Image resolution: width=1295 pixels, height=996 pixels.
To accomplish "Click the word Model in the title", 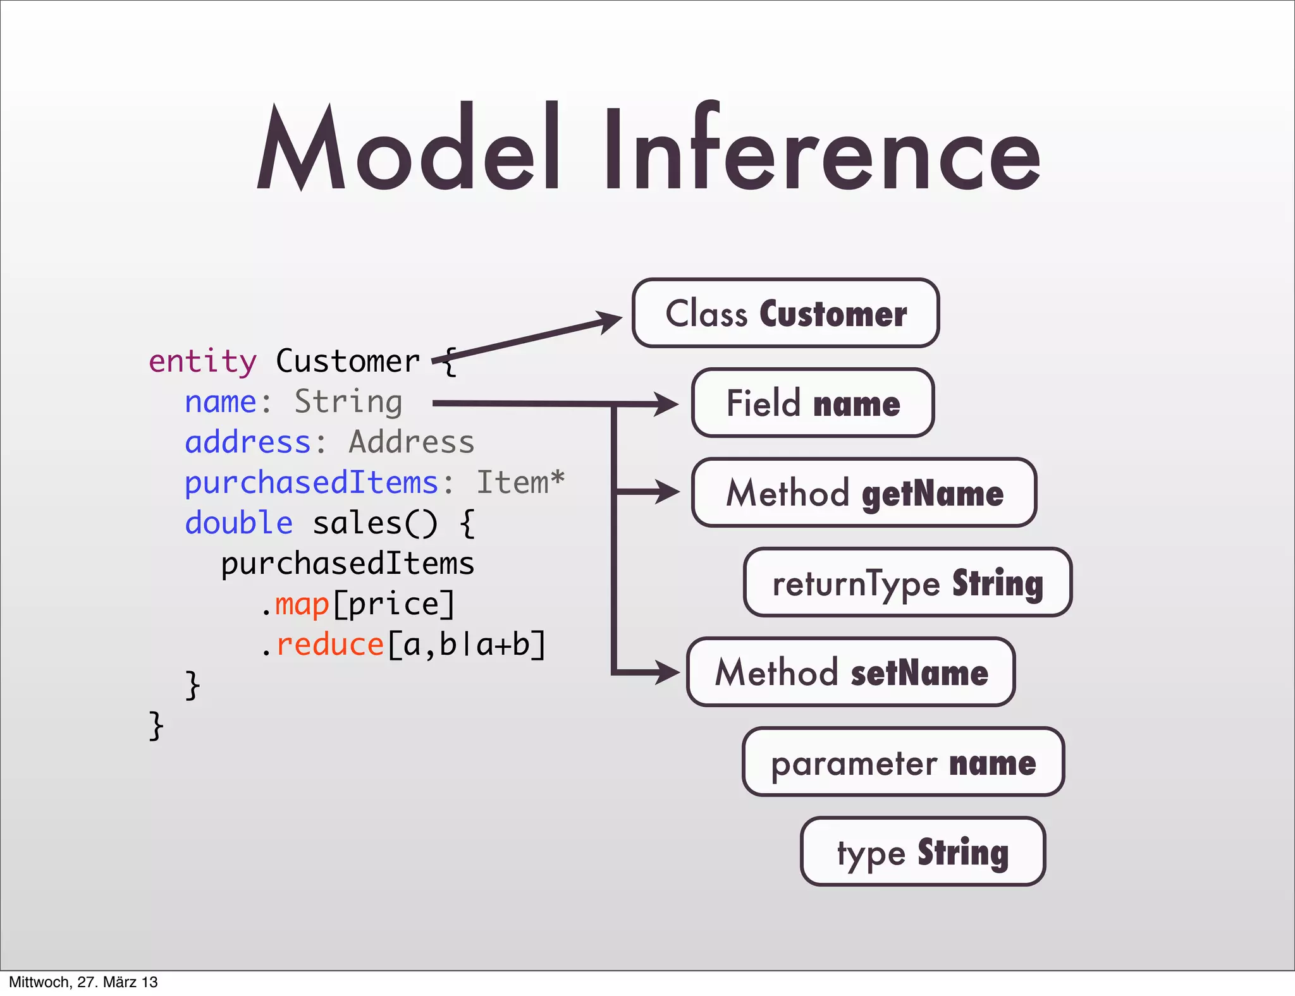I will point(408,149).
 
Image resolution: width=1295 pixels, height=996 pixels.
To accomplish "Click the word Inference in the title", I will point(822,149).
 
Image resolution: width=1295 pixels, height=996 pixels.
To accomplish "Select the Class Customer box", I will point(785,313).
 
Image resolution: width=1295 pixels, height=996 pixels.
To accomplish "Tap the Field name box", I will point(813,403).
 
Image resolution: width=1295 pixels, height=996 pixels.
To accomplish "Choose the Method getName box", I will point(864,493).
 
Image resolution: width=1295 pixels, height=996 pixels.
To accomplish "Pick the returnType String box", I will point(907,583).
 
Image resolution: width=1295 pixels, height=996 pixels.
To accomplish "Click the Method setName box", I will point(851,672).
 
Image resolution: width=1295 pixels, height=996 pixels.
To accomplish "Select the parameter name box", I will point(903,762).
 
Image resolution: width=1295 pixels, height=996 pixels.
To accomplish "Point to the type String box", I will point(923,852).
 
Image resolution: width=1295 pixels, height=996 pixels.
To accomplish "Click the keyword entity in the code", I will point(202,361).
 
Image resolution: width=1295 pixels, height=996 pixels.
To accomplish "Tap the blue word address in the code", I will point(247,442).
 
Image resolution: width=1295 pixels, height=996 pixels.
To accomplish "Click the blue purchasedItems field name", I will point(311,483).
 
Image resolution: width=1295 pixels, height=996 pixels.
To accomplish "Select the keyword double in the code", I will point(238,523).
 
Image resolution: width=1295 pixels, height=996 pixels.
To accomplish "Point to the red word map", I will point(302,604).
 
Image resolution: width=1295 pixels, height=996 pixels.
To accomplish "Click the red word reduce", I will point(330,645).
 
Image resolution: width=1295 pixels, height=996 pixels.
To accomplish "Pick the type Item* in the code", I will point(520,483).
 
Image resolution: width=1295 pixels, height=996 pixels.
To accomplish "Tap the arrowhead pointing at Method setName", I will point(666,672).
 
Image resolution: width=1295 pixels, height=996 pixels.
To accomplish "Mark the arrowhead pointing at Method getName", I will point(666,492).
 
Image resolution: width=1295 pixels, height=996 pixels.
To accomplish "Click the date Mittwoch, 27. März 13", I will point(83,982).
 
